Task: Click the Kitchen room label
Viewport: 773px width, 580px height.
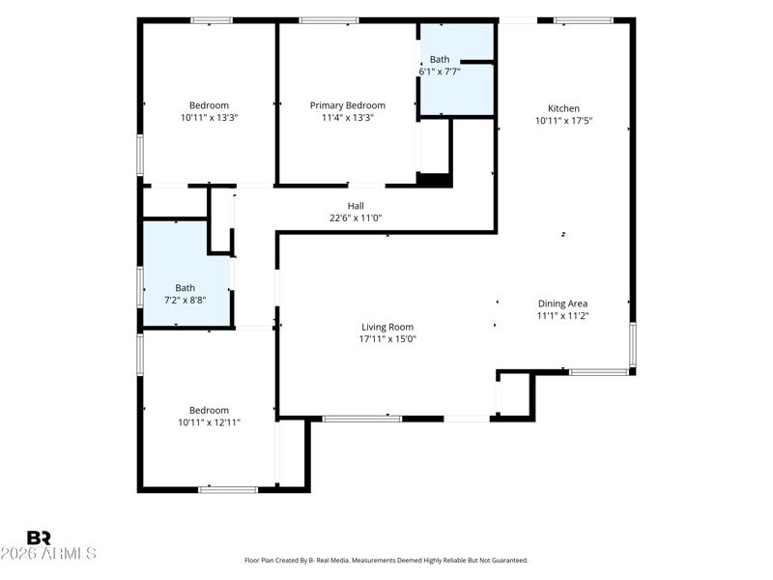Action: [563, 108]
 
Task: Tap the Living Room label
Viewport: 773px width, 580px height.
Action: [387, 327]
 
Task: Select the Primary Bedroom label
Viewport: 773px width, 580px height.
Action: [348, 105]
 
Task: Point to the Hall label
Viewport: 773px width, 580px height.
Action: [356, 206]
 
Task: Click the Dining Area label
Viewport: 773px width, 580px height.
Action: [562, 304]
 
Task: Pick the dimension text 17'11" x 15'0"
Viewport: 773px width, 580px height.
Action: [387, 339]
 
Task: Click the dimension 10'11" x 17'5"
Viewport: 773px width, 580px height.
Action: [564, 120]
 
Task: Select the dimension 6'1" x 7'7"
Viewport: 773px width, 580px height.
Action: [440, 72]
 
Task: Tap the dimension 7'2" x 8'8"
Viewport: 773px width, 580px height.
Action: [185, 300]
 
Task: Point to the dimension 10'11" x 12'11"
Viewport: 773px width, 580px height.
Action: [209, 422]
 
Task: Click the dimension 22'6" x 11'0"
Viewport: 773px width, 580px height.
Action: [356, 218]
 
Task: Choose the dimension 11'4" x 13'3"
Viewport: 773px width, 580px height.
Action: [348, 117]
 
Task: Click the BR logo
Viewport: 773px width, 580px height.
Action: [39, 537]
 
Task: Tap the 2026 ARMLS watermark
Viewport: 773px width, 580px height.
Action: [48, 553]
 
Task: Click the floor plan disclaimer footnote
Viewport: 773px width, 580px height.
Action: [386, 561]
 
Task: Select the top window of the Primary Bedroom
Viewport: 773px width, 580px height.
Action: [329, 20]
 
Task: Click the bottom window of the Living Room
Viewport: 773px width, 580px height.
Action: [362, 419]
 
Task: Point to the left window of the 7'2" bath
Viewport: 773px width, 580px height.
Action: [140, 287]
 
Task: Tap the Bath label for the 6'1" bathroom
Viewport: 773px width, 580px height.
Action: [440, 60]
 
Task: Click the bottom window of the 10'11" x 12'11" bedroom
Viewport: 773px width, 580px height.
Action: [228, 490]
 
